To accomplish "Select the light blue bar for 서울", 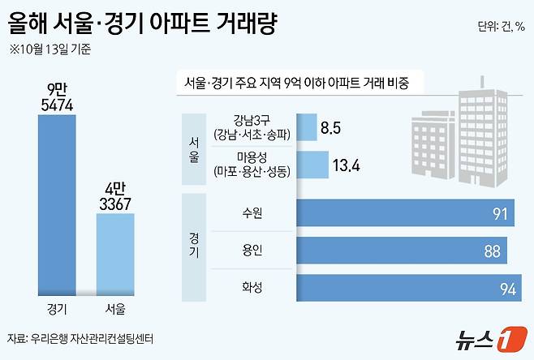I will coord(115,255).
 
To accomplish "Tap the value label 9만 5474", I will coord(58,94).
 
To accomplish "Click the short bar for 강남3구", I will coord(307,127).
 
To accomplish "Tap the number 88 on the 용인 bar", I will coord(491,251).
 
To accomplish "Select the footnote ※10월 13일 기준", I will coord(50,49).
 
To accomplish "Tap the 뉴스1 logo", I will coord(488,336).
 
